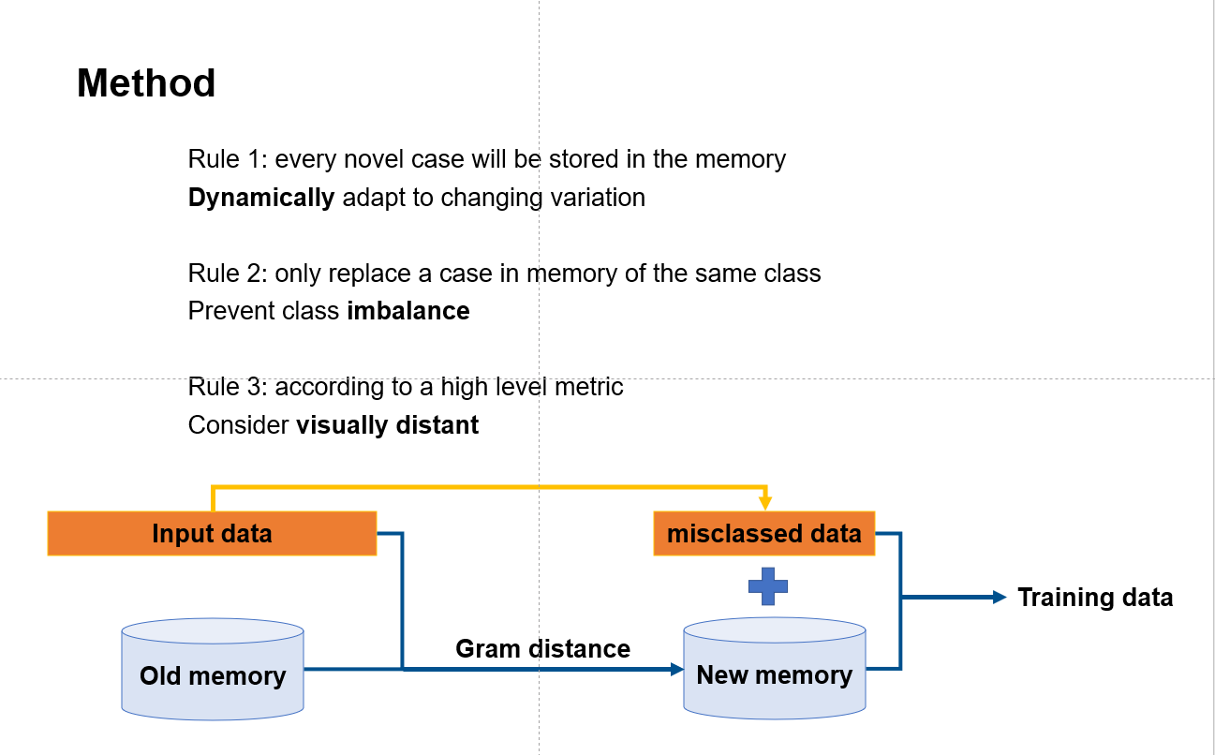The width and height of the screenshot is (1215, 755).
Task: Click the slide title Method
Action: click(x=146, y=83)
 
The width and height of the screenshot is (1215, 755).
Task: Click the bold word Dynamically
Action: click(x=261, y=198)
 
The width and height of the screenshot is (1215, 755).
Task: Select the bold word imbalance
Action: click(x=408, y=311)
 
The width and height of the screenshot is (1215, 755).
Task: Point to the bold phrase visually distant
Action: click(x=387, y=425)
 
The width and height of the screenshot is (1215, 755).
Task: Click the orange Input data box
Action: click(x=212, y=534)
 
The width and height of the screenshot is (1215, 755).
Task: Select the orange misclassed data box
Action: click(x=763, y=534)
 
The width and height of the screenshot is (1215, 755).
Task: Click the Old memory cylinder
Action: click(x=213, y=671)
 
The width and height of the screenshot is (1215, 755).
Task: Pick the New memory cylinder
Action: click(x=775, y=671)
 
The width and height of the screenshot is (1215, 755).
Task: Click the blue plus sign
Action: click(x=768, y=586)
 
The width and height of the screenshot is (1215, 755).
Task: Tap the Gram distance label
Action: click(x=542, y=648)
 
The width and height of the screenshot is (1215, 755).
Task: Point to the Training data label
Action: click(x=1095, y=598)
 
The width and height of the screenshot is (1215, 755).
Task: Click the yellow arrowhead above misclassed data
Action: click(x=765, y=503)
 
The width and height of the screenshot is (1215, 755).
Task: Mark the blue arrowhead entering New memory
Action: click(x=677, y=669)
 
